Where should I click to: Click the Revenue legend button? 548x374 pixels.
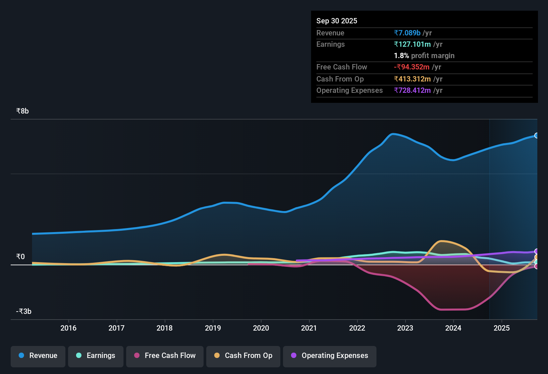(38, 356)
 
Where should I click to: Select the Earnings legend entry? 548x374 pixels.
(96, 356)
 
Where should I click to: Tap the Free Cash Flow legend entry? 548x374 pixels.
(165, 356)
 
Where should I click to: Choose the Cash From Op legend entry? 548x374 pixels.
(243, 356)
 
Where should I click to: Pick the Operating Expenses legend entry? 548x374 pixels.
(330, 356)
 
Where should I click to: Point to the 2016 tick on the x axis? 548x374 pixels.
(68, 328)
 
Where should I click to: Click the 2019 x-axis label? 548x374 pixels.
(213, 328)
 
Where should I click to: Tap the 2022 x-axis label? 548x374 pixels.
(357, 328)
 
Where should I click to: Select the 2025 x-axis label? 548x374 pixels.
(502, 328)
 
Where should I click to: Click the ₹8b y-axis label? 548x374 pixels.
(23, 111)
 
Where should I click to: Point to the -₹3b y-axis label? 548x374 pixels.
(24, 312)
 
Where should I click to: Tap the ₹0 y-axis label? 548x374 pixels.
(20, 257)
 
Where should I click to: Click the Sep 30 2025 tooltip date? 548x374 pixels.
(336, 21)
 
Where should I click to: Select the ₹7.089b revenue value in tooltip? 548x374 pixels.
(407, 33)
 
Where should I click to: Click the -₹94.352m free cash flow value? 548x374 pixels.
(412, 67)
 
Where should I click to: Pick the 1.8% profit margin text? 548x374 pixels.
(424, 55)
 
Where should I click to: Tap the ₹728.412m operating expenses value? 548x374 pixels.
(412, 90)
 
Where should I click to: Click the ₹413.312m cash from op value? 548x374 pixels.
(412, 79)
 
